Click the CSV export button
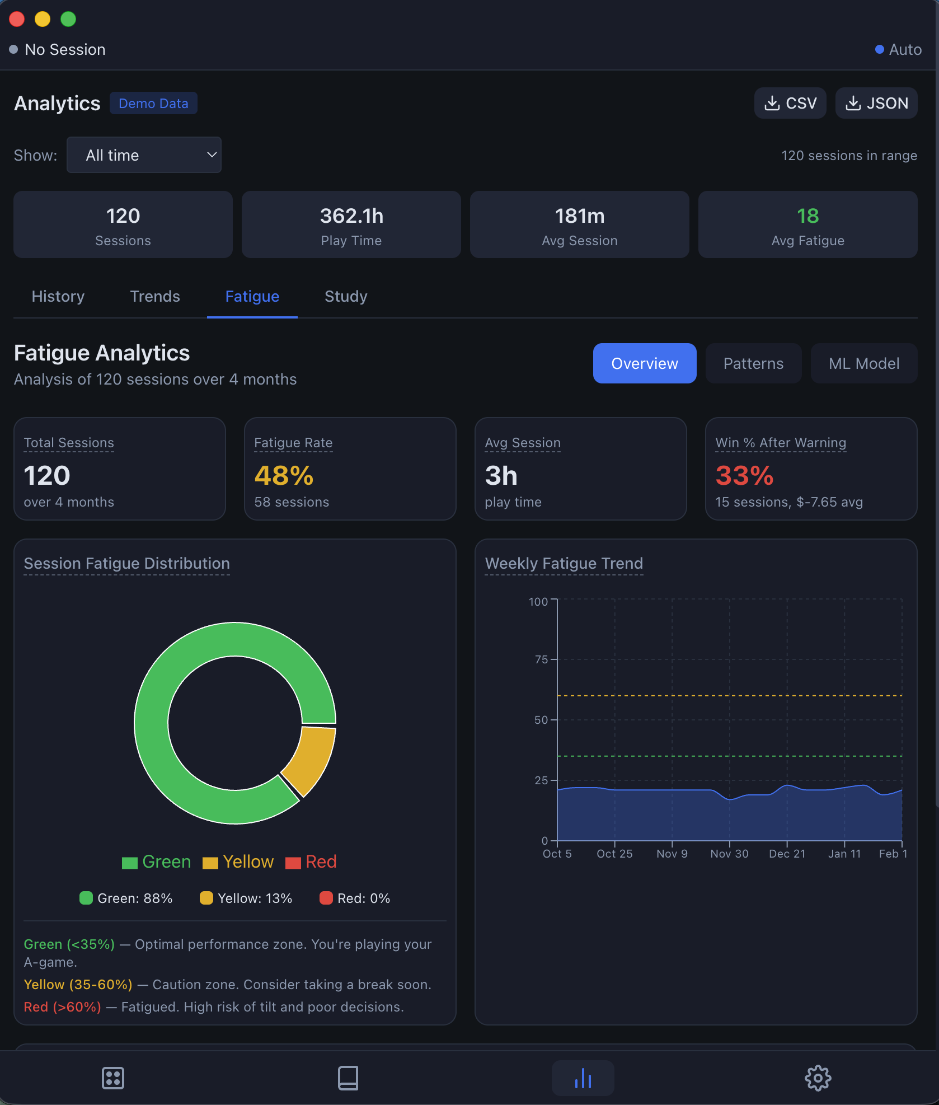(x=790, y=103)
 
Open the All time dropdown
(x=144, y=155)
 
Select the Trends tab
(x=155, y=296)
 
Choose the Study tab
(x=346, y=296)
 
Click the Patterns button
(x=753, y=363)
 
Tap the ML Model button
(x=863, y=363)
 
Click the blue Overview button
(x=644, y=363)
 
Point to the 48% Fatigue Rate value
(x=284, y=476)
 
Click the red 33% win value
(x=744, y=476)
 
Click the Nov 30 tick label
(x=729, y=854)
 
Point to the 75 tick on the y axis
(x=541, y=659)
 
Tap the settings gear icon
(x=818, y=1078)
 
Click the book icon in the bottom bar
(x=348, y=1078)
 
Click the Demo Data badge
(x=153, y=104)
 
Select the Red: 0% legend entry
(x=355, y=898)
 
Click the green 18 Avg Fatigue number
(x=807, y=216)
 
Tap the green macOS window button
(x=68, y=19)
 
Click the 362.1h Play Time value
(x=351, y=216)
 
